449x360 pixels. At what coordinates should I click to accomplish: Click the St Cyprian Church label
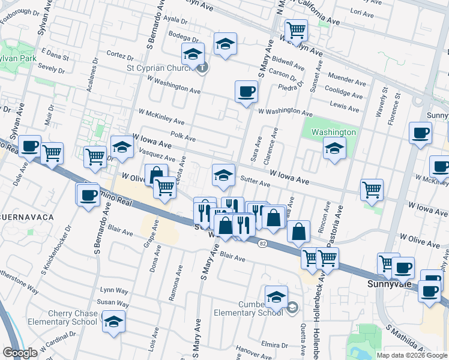[x=160, y=67]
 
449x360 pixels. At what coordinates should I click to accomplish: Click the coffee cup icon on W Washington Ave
[x=246, y=92]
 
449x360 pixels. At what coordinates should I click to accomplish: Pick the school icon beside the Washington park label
[x=334, y=148]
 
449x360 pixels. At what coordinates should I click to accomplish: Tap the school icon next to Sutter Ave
[x=223, y=175]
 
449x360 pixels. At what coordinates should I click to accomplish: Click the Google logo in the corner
[x=20, y=353]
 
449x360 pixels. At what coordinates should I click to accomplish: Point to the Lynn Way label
[x=114, y=290]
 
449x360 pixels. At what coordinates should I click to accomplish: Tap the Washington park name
[x=334, y=132]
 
